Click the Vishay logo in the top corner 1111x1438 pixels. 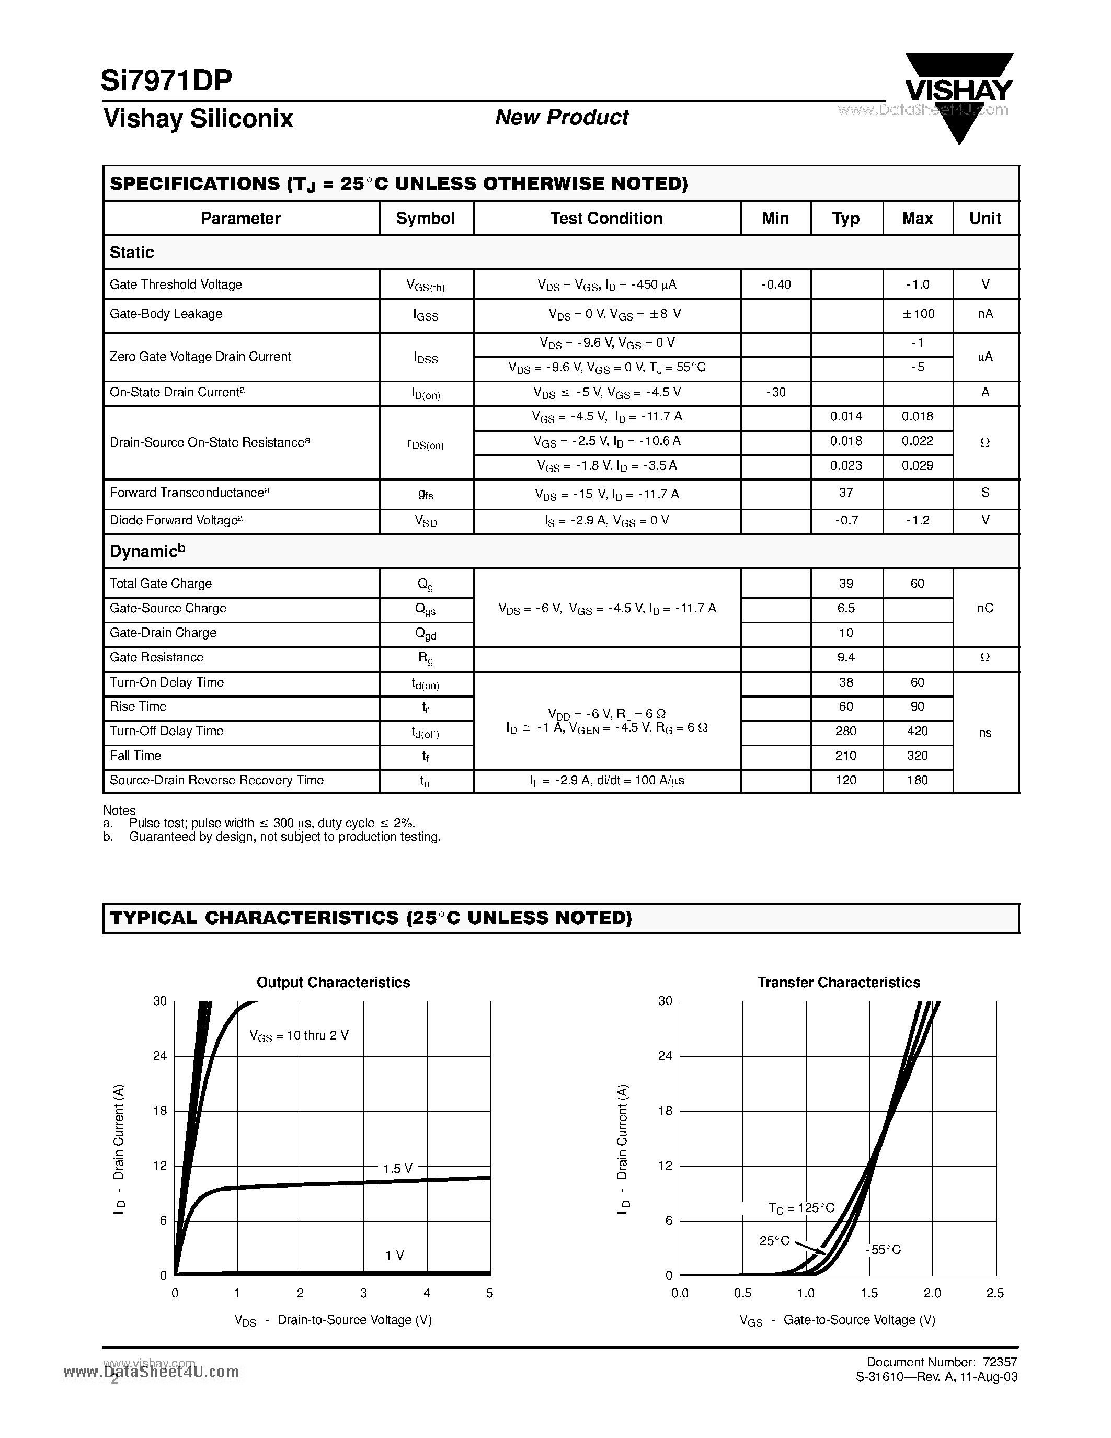(x=958, y=92)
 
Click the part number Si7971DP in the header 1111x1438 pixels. (x=166, y=81)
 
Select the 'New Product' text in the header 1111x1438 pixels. (x=562, y=117)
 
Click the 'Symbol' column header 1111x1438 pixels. (x=425, y=219)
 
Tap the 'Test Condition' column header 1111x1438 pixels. (x=606, y=219)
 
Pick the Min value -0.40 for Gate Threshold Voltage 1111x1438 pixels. (x=775, y=284)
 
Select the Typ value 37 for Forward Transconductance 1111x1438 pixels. (x=846, y=493)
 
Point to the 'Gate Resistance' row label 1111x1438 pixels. (x=157, y=657)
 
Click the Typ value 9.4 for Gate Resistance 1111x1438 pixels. (x=846, y=657)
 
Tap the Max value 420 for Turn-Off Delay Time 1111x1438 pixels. (x=918, y=731)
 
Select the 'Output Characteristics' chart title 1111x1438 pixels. (x=333, y=983)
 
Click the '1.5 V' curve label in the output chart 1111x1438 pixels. (x=397, y=1169)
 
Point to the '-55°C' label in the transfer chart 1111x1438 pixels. (x=883, y=1250)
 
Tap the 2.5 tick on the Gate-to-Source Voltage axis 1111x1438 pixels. (x=994, y=1293)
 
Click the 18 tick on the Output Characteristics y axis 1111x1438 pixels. (x=160, y=1111)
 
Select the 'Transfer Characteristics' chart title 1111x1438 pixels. (x=839, y=983)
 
